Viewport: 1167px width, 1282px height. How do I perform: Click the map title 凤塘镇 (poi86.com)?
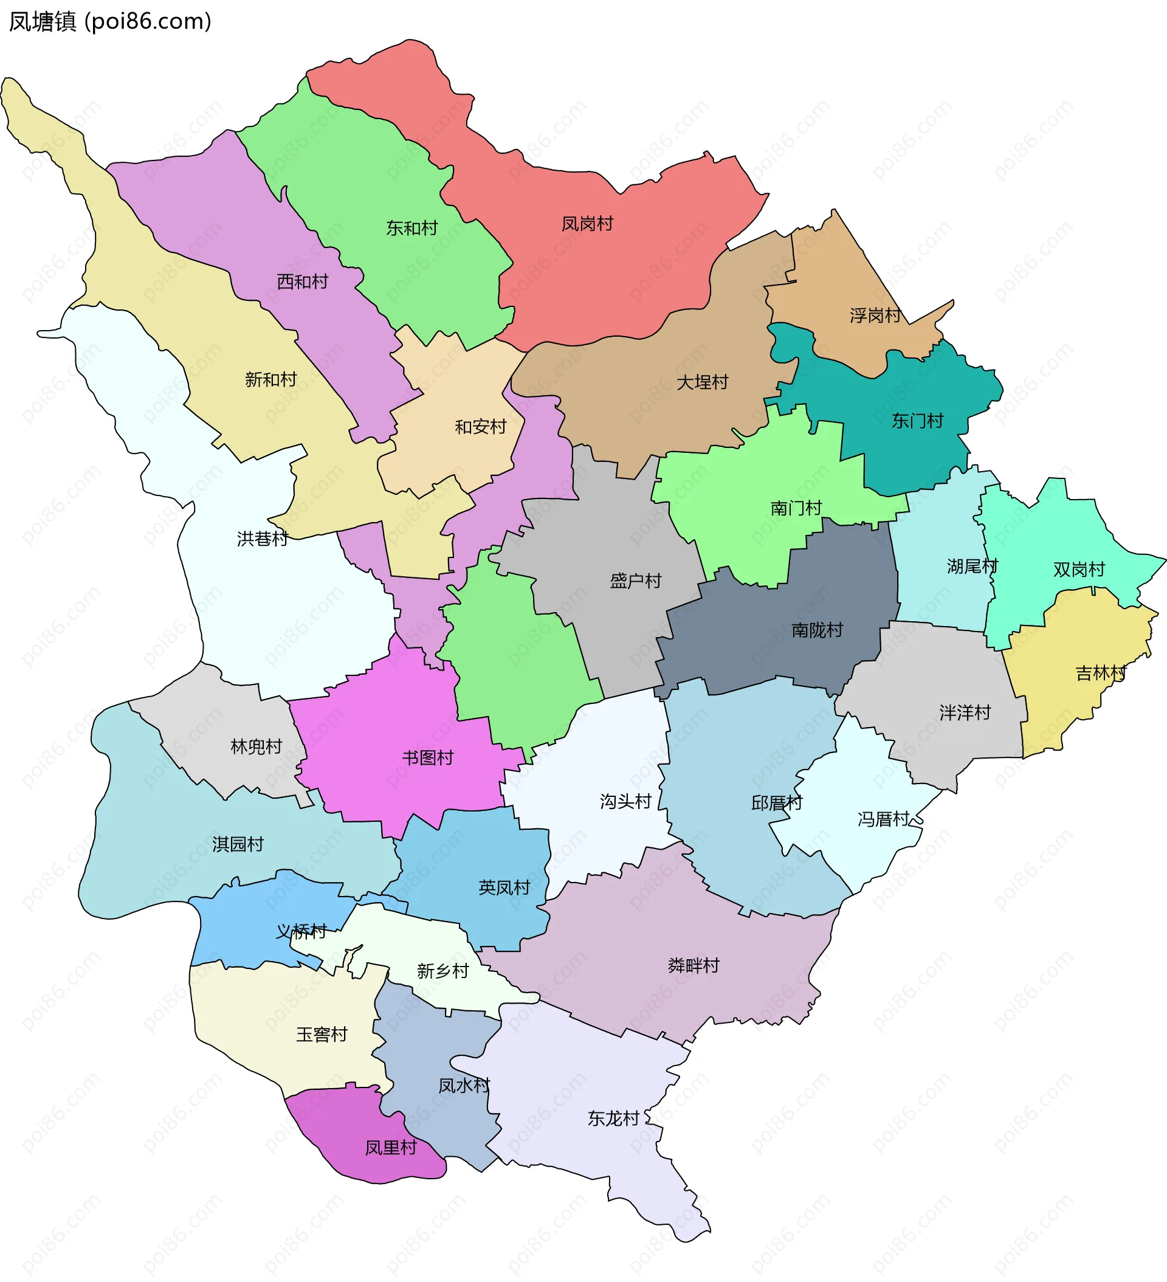110,22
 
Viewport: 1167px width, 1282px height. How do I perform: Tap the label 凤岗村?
587,224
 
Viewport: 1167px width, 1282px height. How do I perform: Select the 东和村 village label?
412,228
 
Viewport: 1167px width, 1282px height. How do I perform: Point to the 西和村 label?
302,281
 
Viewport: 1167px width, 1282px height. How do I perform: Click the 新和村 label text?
271,380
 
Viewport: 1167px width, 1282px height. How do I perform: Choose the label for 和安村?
480,427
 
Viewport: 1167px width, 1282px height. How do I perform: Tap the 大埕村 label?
702,382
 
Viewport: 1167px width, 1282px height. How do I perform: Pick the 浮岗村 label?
875,315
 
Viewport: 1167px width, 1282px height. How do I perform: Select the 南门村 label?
796,508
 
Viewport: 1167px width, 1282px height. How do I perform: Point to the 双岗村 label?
1079,569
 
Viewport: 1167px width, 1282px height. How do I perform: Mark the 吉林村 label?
1100,673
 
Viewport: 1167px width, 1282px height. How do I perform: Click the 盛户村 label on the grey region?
635,581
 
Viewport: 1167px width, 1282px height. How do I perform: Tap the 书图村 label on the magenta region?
427,757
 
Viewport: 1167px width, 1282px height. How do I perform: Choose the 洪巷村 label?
262,539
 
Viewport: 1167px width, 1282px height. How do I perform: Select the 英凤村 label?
504,887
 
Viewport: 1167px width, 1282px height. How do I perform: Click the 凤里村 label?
390,1147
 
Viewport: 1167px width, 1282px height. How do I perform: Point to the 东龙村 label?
613,1118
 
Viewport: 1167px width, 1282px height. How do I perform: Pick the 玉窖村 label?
322,1035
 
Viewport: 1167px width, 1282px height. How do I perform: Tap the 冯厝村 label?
883,819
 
